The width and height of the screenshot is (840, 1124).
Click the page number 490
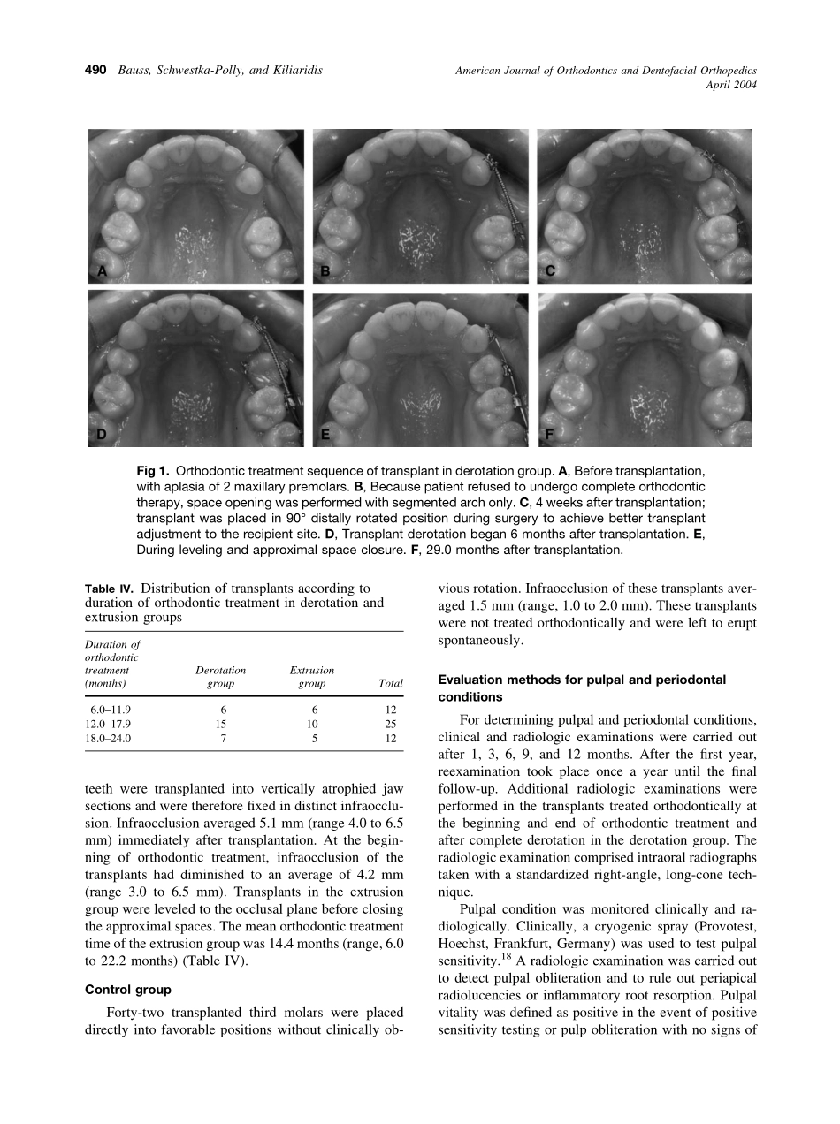95,70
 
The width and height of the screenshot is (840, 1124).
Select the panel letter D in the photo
102,434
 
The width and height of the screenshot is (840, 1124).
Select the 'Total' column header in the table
390,683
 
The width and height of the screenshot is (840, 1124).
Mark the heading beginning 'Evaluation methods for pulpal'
582,680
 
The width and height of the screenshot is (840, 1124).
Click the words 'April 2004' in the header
731,85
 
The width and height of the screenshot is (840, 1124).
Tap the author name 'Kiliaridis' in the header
294,70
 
